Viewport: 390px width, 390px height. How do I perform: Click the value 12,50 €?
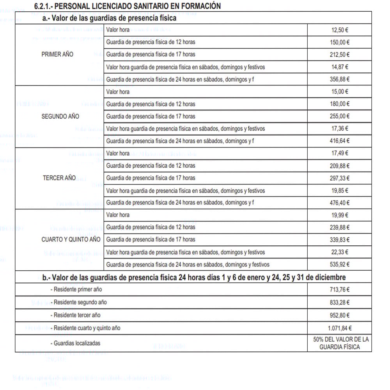pos(340,30)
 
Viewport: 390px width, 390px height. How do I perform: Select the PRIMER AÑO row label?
pos(57,55)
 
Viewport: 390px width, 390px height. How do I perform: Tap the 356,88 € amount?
pos(340,79)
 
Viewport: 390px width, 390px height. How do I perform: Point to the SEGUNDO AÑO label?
pos(60,116)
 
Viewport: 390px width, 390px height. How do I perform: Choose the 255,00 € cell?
pos(340,116)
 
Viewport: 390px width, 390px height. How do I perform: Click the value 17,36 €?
pos(340,129)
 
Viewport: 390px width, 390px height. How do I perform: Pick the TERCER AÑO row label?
pos(59,178)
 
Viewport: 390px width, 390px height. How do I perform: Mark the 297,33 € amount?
pos(340,178)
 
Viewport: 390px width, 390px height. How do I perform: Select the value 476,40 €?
pos(340,203)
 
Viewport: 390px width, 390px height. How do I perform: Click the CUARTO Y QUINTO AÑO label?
pos(71,239)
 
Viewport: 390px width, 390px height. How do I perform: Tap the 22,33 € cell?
pos(340,252)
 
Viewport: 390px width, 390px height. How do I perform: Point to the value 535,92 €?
pos(340,264)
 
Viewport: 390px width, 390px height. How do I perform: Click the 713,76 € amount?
pos(340,289)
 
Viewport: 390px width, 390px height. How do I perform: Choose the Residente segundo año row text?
pos(80,302)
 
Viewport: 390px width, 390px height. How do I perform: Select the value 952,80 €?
pos(340,315)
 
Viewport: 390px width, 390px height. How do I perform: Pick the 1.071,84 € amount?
pos(340,328)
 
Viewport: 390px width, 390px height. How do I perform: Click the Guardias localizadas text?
pos(77,343)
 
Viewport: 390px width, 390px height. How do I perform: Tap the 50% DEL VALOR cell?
pos(340,343)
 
